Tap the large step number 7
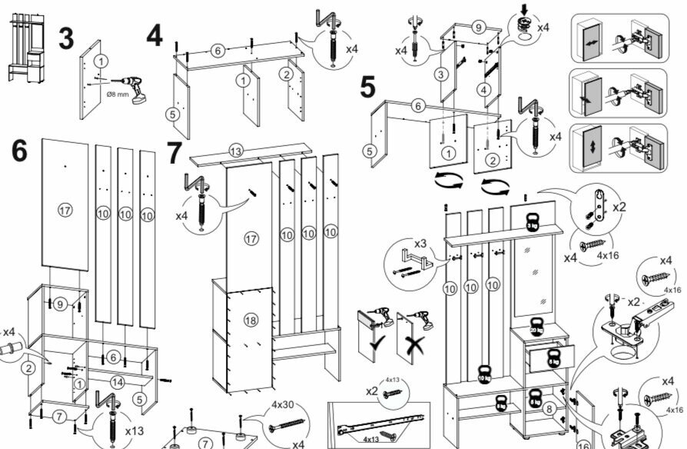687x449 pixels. pos(174,154)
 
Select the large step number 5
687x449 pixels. pos(369,87)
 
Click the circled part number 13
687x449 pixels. pos(236,150)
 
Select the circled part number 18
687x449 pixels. pos(250,319)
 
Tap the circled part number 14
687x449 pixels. pos(118,382)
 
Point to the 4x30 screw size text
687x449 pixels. pos(283,405)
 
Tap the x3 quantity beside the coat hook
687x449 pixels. pos(420,244)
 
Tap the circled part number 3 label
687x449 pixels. pos(440,75)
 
